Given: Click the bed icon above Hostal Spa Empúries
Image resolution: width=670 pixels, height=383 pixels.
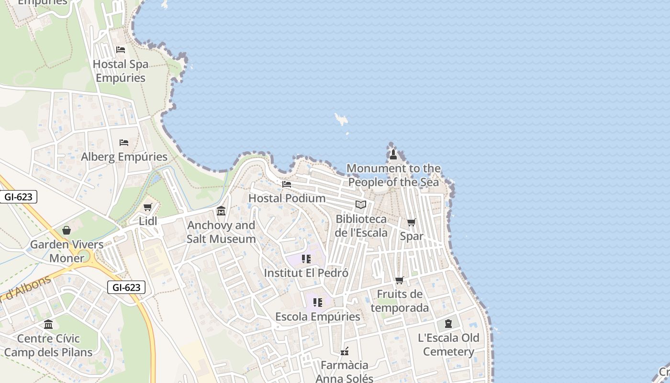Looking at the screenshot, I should point(121,50).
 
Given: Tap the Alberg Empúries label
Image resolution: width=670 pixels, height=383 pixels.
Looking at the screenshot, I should point(124,157).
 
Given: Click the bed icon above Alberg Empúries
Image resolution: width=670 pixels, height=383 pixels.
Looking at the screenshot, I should point(124,143).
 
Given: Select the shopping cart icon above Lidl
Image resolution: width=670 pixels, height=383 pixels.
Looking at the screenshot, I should point(147,207).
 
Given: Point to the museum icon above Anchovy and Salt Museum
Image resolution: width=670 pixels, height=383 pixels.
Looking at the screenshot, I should point(221,211).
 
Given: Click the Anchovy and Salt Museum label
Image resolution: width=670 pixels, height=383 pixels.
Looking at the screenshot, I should point(221,232).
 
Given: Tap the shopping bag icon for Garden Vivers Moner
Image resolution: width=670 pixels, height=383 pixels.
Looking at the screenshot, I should point(67,230).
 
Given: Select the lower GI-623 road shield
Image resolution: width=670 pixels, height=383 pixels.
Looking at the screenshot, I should point(126,287).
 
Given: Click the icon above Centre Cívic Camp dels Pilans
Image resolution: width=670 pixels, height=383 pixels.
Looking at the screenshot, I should point(48,325).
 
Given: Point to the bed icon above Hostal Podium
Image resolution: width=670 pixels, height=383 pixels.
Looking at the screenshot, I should point(287,184).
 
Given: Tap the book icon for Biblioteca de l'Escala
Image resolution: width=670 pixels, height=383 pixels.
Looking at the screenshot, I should point(361,205).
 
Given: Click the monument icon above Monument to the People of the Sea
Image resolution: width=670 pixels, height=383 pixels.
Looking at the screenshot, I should point(393,154).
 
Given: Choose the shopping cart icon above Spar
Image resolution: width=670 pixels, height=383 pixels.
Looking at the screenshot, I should point(411,222).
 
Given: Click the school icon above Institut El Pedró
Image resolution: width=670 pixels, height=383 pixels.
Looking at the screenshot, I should point(306,259).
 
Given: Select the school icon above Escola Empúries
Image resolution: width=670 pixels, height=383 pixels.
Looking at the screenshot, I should point(317,303).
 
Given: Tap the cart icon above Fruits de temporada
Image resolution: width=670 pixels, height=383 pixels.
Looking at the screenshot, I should point(400,280).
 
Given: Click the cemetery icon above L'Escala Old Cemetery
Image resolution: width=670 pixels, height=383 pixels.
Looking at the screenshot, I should point(448,324).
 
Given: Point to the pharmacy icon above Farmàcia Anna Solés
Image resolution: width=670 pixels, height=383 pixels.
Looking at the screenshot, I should point(344,352).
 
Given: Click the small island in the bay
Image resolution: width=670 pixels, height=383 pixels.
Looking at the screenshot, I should point(341,119).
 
